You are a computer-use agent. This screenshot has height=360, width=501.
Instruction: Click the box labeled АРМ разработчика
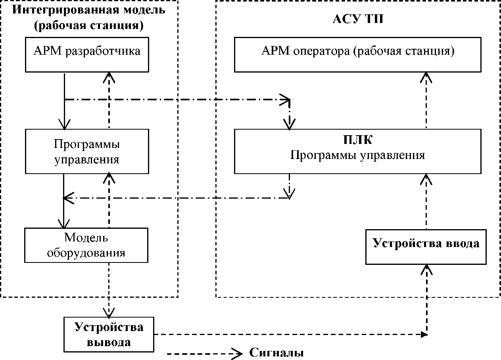point(87,54)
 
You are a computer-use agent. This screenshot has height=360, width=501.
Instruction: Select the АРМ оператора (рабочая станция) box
point(358,54)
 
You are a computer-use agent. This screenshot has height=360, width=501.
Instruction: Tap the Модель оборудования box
point(86,245)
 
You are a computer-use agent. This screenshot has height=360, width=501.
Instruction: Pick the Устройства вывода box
point(109,334)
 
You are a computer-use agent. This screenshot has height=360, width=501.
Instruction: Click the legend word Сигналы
point(276,352)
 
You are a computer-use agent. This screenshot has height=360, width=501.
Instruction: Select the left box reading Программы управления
point(87,151)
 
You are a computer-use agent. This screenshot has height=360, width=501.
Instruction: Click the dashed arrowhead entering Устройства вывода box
point(109,312)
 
